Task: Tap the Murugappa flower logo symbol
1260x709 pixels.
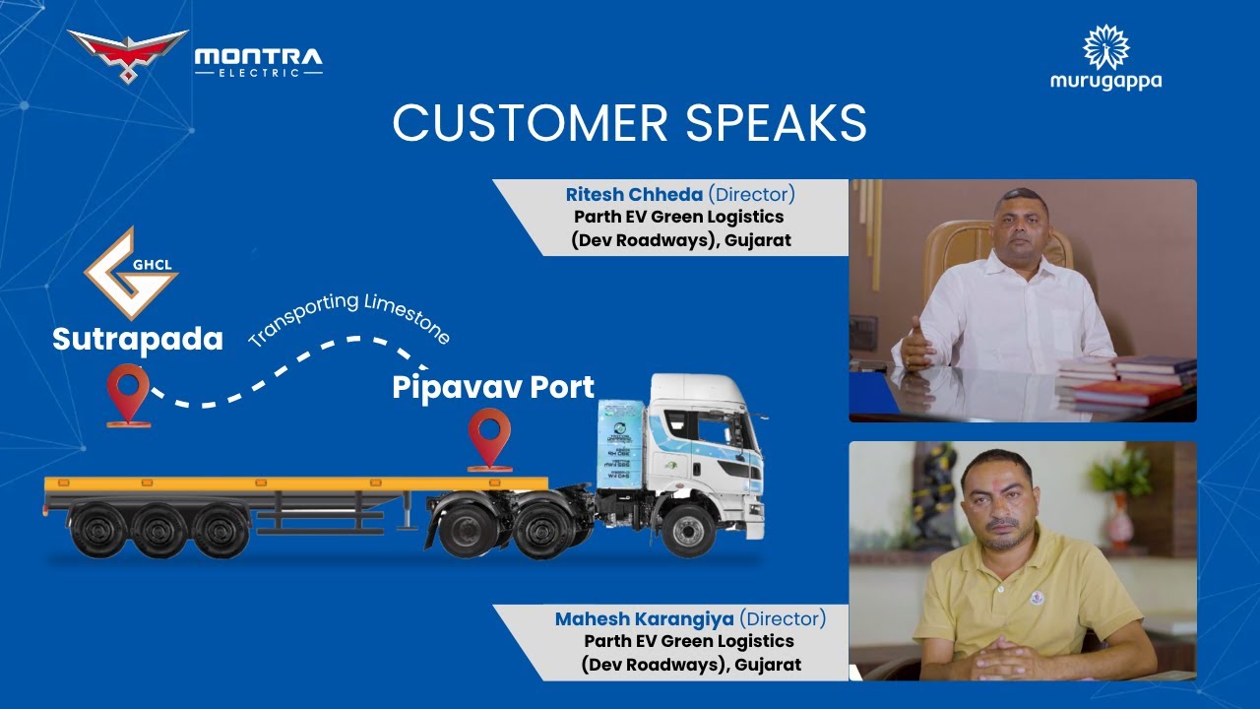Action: point(1105,46)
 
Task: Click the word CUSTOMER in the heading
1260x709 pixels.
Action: point(502,123)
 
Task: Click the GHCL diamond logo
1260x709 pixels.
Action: point(130,273)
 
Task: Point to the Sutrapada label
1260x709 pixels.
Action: point(138,339)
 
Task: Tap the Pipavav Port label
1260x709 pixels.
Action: point(493,387)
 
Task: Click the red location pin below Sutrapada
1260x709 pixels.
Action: point(129,392)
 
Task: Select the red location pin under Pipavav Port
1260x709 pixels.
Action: point(489,436)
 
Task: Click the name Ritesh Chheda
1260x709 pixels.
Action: point(634,195)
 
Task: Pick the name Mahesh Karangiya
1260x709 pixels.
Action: point(645,619)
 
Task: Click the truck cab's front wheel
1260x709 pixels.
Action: point(688,529)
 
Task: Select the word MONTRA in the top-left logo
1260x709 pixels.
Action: point(258,58)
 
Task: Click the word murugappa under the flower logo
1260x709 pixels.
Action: point(1105,81)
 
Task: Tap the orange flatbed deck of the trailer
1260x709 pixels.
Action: point(295,483)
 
